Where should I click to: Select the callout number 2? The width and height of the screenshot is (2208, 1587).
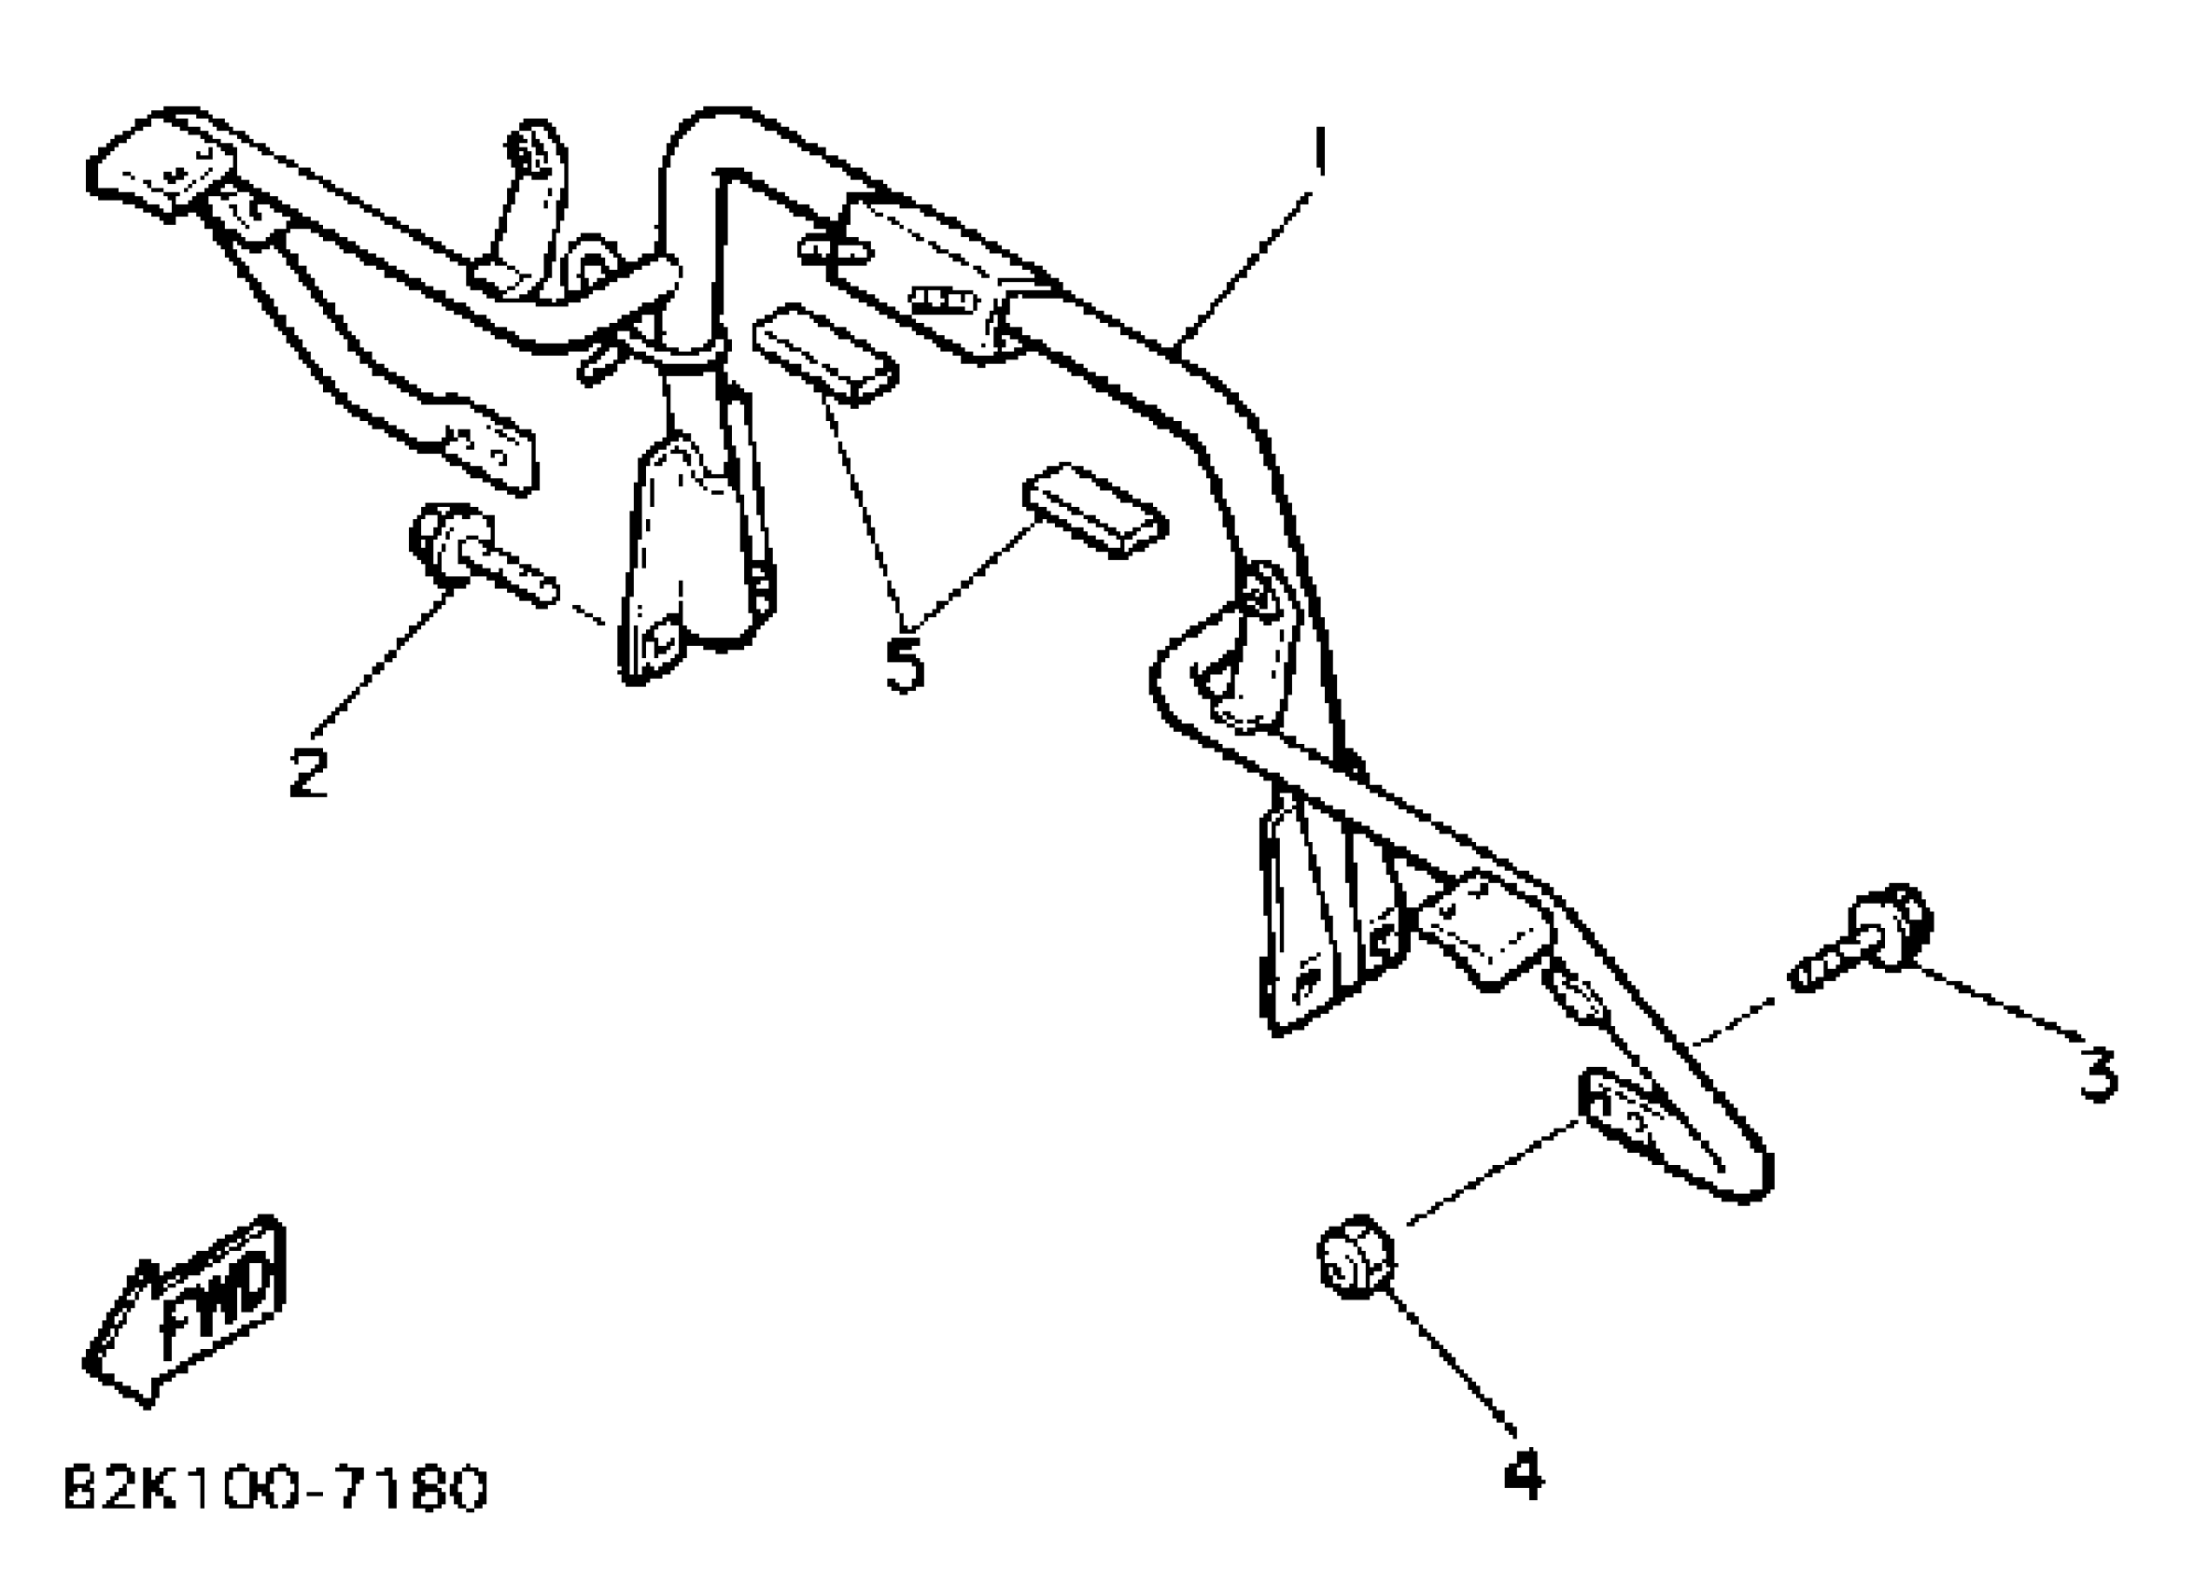pyautogui.click(x=309, y=772)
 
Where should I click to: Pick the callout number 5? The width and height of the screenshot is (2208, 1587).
pyautogui.click(x=904, y=664)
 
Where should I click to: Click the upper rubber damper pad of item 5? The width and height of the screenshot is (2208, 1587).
pyautogui.click(x=824, y=354)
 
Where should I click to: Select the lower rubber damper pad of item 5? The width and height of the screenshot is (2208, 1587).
pyautogui.click(x=1094, y=508)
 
